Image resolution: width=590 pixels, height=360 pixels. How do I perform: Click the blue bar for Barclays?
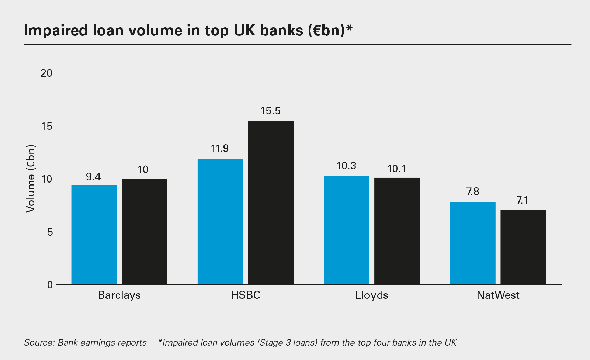click(94, 235)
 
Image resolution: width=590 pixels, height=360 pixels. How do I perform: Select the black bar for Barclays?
click(145, 232)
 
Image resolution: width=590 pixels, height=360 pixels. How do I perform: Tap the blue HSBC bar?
click(220, 221)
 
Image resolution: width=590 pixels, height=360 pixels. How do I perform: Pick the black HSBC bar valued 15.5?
click(271, 202)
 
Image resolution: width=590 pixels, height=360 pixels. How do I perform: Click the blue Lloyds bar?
click(347, 230)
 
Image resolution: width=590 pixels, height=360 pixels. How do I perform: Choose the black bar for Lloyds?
click(397, 231)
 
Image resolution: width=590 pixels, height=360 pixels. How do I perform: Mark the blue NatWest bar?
click(473, 243)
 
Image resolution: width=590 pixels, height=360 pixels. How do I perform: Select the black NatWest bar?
click(523, 247)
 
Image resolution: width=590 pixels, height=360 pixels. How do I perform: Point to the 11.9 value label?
click(220, 149)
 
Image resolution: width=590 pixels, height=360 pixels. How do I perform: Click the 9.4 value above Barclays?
click(93, 177)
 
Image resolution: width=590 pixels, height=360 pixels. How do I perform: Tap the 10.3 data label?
click(346, 166)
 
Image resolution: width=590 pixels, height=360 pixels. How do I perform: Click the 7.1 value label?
click(523, 200)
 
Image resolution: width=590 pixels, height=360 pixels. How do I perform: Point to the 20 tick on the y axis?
click(46, 73)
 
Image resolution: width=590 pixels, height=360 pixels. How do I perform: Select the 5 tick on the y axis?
click(50, 232)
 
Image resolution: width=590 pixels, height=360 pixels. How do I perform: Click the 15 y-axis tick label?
click(47, 127)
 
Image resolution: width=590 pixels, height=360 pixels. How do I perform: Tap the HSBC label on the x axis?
click(246, 295)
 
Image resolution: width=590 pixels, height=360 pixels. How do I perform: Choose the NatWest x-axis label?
click(498, 295)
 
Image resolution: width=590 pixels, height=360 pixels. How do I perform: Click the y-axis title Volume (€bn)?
click(31, 179)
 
